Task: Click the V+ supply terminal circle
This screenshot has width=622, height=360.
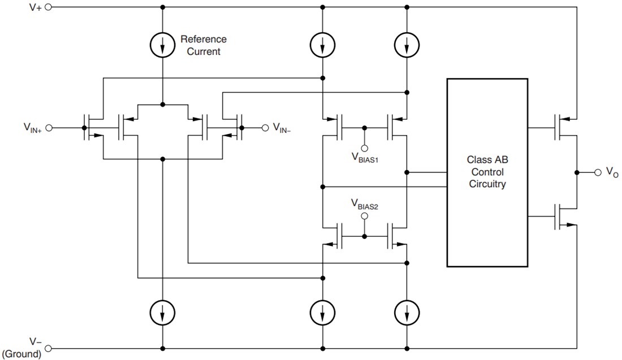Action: [48, 7]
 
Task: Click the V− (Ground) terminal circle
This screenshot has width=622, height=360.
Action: [48, 348]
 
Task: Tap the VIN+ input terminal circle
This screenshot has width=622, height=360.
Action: [48, 128]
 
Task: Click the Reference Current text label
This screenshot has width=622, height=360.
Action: [203, 45]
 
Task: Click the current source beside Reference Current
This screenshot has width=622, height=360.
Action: [163, 46]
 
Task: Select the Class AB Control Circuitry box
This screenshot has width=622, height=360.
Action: [487, 172]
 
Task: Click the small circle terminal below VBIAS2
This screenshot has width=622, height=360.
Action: [365, 216]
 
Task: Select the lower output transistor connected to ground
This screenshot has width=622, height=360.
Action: [563, 216]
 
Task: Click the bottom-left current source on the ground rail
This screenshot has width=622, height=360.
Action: [163, 312]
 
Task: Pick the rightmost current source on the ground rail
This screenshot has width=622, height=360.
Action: [407, 312]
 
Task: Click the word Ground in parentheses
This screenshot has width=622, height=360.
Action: [22, 354]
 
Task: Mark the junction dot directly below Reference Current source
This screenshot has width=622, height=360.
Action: [163, 105]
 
